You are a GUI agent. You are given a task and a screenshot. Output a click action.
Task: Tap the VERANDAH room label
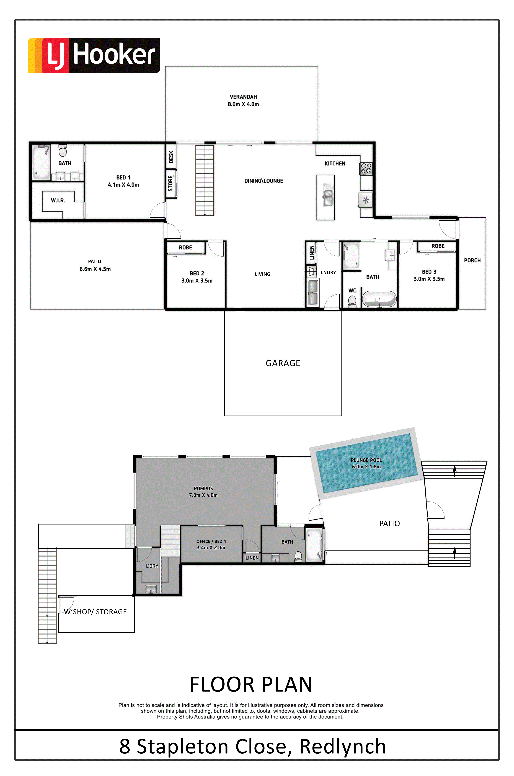tap(243, 97)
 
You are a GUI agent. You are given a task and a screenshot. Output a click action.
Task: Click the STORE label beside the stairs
tap(170, 183)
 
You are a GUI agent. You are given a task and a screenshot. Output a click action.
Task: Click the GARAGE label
tap(283, 363)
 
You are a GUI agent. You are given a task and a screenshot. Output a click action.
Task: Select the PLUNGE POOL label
tap(366, 460)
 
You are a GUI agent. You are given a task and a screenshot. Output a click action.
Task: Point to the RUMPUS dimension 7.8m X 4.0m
tap(203, 495)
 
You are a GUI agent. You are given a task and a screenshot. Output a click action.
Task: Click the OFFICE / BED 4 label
tap(211, 541)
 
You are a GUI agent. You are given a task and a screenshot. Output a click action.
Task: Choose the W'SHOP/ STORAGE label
tap(95, 612)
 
